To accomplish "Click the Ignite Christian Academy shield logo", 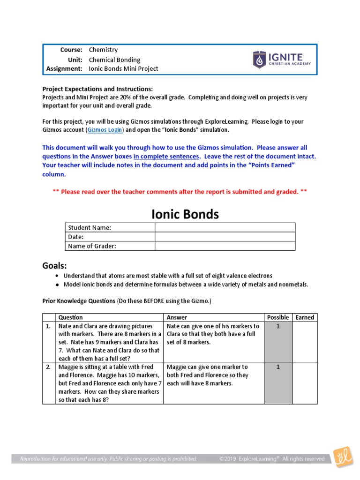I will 259,60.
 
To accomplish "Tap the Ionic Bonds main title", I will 185,214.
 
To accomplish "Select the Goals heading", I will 55,266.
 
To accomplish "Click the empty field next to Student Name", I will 225,227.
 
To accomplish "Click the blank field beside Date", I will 225,237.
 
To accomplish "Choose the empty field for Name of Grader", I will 225,246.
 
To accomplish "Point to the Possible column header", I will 278,317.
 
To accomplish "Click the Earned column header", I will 305,317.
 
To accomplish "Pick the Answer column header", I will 177,317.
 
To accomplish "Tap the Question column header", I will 70,317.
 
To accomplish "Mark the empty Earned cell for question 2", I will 305,383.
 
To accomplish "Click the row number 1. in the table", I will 48,326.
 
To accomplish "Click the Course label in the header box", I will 71,50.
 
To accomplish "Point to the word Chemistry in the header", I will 103,50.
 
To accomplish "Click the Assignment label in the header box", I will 64,68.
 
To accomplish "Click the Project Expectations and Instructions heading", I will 97,89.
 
